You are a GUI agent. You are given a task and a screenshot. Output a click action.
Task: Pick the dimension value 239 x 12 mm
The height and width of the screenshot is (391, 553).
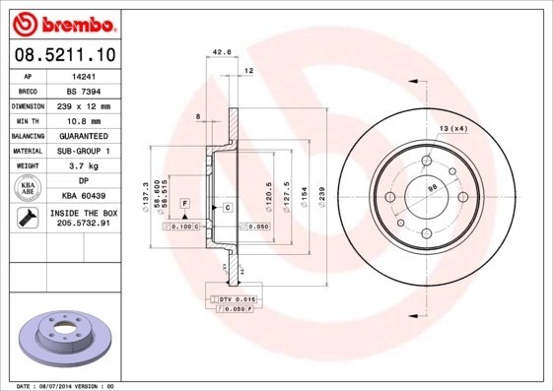(84, 104)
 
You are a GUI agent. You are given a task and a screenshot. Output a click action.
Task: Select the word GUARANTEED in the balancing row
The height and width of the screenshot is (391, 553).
(84, 135)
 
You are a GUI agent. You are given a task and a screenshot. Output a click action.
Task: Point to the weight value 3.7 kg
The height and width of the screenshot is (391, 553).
(84, 165)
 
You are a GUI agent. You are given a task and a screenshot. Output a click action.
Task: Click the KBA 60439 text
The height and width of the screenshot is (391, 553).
(84, 196)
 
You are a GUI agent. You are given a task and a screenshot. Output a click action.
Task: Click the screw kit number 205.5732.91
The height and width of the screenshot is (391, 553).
(84, 224)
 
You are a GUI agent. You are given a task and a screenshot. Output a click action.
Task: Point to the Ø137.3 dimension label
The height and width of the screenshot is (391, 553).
(146, 197)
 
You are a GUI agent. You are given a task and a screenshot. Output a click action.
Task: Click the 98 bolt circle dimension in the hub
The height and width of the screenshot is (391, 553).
(431, 187)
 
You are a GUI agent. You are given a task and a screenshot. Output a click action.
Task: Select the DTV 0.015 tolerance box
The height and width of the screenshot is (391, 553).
(237, 298)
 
